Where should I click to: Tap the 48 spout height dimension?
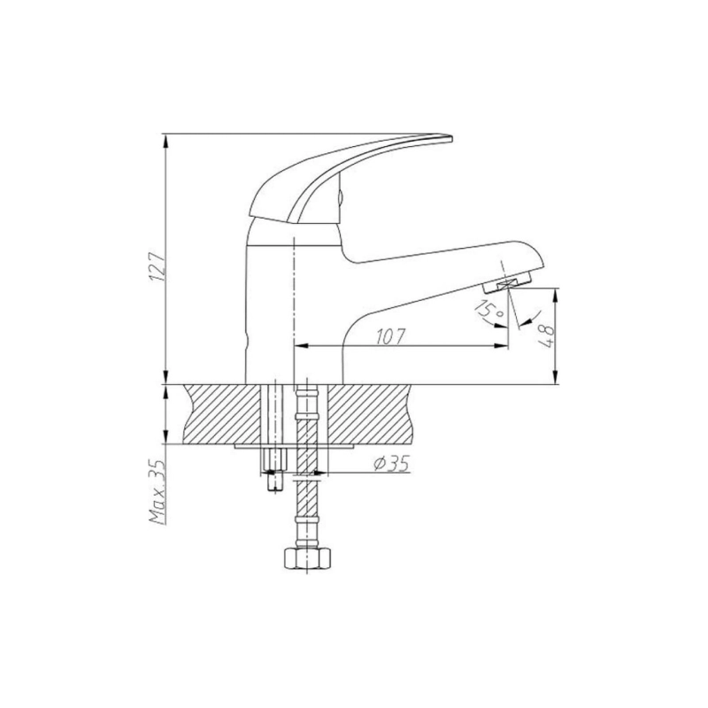pyautogui.click(x=548, y=335)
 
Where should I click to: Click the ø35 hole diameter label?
pyautogui.click(x=391, y=463)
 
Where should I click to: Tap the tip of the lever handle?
pyautogui.click(x=450, y=138)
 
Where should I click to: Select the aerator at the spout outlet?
pyautogui.click(x=506, y=285)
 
